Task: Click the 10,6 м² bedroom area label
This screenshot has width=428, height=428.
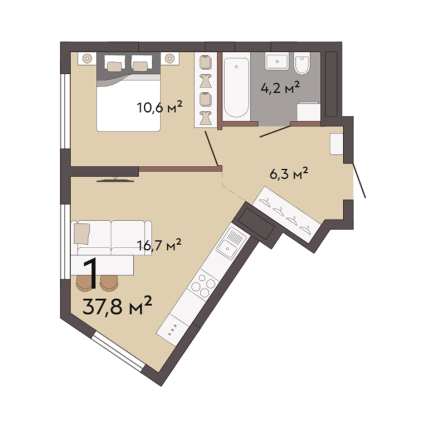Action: pos(159,107)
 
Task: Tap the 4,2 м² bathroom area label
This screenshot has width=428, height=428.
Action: pos(280,87)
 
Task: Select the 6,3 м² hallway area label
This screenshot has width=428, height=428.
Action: pos(289,173)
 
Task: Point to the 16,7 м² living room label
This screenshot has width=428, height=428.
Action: pos(159,245)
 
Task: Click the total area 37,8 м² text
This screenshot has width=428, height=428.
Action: pos(117,306)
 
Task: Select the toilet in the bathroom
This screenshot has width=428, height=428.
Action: pos(302,64)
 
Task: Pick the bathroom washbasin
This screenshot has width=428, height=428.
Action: pos(277,61)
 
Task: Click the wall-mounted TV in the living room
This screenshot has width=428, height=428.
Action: pos(115,179)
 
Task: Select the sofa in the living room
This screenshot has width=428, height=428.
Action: pos(111,238)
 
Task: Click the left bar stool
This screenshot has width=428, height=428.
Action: pos(84,283)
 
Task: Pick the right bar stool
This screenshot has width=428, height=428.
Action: pos(109,283)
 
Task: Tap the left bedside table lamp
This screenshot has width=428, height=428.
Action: pos(87,58)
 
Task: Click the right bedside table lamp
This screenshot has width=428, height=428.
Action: pos(170,58)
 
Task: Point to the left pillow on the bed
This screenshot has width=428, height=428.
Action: pos(115,66)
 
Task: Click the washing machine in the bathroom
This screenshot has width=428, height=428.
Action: pos(308,111)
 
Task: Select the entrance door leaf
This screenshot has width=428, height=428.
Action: pos(359,181)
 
